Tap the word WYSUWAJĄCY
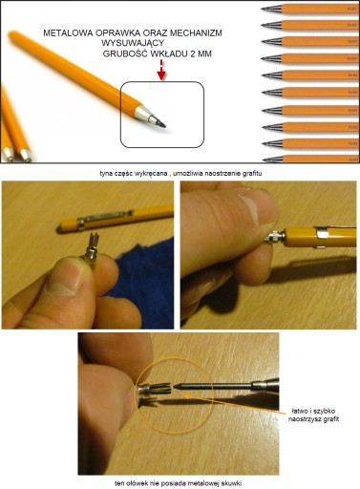tap(133, 43)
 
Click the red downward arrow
tap(161, 71)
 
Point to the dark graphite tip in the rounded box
tap(162, 124)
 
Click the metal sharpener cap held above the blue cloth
tap(91, 250)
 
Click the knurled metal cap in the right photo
tap(274, 238)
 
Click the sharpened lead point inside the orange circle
tap(178, 387)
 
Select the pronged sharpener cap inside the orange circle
tap(155, 389)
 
